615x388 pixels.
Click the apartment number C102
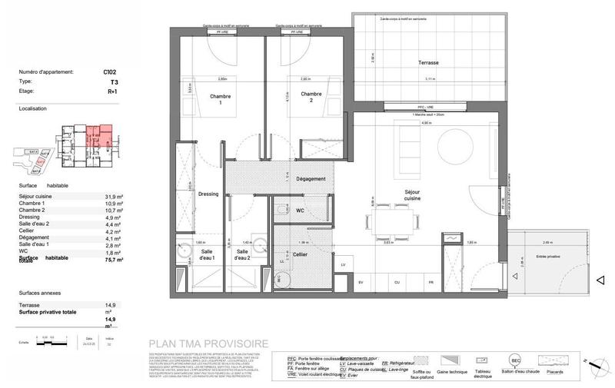coord(109,71)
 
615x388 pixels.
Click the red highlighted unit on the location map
coord(97,134)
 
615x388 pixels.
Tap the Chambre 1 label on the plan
coord(221,99)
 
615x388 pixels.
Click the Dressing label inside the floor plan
coord(208,194)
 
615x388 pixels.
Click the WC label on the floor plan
coord(301,210)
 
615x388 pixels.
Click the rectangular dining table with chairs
coord(393,222)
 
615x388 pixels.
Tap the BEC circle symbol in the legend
coord(517,359)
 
